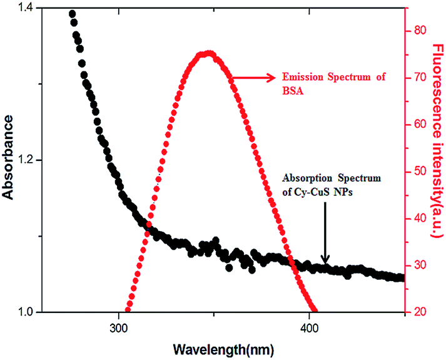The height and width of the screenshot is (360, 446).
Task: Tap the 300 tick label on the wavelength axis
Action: tap(119, 326)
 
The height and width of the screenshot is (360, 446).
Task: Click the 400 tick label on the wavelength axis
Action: tap(310, 326)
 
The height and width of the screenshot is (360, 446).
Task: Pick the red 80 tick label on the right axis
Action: tap(419, 30)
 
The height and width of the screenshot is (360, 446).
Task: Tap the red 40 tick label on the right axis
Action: tap(419, 219)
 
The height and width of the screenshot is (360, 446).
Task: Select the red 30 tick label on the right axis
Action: tap(419, 265)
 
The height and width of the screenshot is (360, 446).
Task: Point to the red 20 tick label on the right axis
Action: tap(419, 312)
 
